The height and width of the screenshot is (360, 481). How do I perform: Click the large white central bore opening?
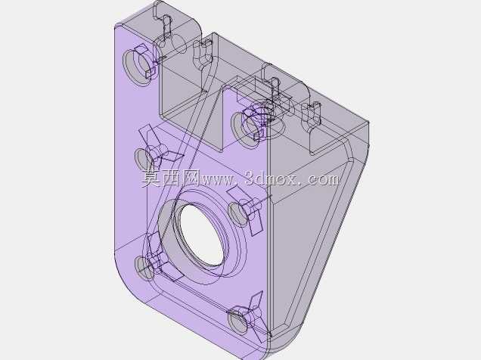[201, 234]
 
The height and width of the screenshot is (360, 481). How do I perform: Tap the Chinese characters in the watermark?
[170, 178]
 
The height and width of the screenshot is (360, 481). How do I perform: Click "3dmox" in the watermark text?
[271, 178]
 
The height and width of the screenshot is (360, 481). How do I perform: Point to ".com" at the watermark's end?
[320, 179]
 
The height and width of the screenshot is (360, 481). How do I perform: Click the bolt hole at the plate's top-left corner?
[138, 67]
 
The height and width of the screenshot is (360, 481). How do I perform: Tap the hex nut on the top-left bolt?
[146, 61]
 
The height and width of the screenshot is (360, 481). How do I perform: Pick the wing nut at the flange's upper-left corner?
[159, 150]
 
